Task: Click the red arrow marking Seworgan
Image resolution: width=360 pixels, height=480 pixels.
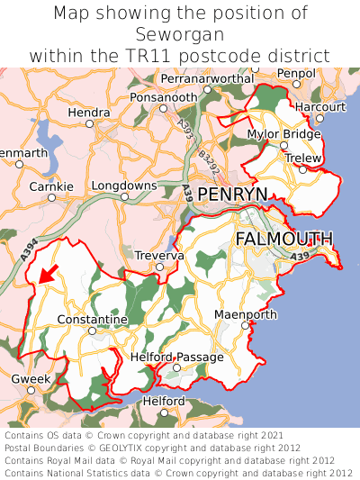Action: coord(48,273)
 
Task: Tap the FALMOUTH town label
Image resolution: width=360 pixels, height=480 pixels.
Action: coord(283,239)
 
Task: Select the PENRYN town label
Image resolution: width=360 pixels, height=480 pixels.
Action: coord(232,195)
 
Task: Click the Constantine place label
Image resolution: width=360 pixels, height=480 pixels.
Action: coord(92,320)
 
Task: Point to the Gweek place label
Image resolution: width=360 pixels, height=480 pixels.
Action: coord(31,379)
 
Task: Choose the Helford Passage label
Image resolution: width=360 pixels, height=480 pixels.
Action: coord(176,358)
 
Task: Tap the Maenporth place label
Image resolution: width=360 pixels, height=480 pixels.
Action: coord(246,314)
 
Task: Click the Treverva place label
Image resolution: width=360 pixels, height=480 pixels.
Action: coord(158,256)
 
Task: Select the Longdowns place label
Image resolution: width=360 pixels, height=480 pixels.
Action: coord(124,186)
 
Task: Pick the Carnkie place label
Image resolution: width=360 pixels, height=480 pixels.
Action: coord(51,186)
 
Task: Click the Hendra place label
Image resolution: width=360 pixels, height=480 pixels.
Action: coord(89,113)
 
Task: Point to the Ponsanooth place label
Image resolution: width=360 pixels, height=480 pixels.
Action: coord(162,96)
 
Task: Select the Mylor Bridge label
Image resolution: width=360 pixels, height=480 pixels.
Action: coord(283,134)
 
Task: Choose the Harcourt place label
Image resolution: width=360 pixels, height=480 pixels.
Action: coord(320,106)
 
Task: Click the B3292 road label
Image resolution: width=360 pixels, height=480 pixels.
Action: coord(208,162)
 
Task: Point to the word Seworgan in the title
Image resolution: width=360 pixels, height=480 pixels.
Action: coord(180,34)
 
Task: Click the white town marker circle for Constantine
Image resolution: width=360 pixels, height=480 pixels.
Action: coord(92,331)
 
